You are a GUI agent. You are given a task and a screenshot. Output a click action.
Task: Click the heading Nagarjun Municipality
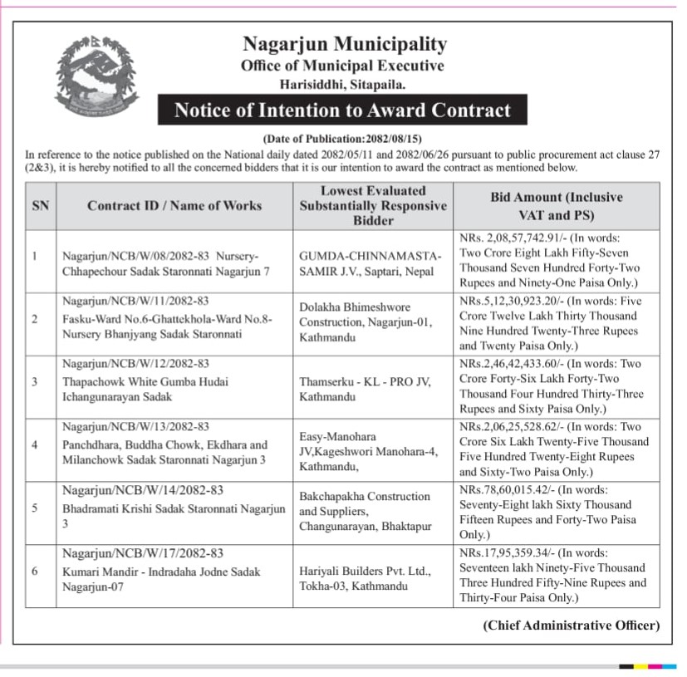[344, 44]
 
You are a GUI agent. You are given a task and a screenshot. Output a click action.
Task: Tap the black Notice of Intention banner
[341, 110]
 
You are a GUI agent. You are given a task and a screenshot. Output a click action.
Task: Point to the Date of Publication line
[342, 139]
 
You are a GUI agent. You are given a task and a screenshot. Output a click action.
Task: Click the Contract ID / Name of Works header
[174, 205]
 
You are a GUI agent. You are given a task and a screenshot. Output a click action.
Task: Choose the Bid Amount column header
[557, 205]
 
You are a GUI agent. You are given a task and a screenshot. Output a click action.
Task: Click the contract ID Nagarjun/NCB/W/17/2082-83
[143, 553]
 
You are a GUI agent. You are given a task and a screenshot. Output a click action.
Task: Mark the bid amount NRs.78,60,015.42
[508, 490]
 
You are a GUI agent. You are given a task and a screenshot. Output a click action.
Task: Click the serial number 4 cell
[34, 444]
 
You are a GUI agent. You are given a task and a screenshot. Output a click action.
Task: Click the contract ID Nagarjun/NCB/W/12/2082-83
[135, 364]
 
